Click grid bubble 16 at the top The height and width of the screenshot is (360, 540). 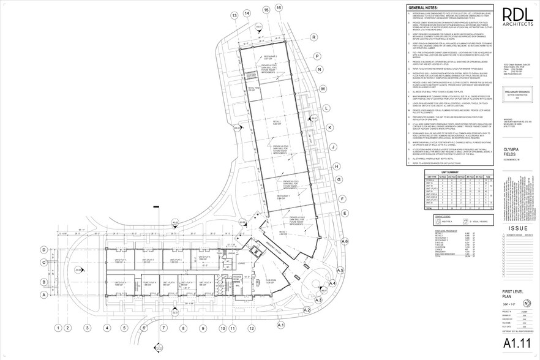coord(279,7)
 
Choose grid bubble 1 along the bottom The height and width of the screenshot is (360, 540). coord(59,328)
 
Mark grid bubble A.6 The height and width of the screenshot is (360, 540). coord(344,242)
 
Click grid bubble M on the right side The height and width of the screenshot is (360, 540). coord(322,89)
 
